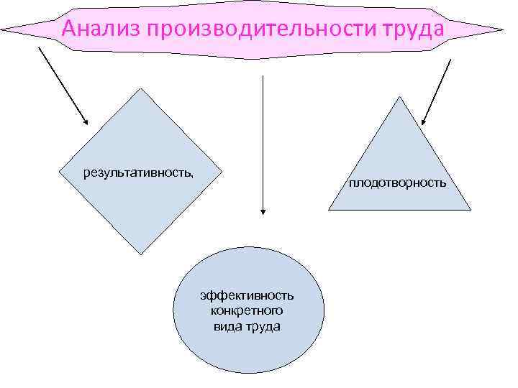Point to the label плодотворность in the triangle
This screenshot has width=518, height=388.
point(398,183)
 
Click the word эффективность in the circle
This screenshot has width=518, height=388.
point(247,295)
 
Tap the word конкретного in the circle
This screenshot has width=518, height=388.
point(247,310)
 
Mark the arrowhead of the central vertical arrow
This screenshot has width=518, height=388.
point(263,213)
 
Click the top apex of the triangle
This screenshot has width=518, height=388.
point(399,97)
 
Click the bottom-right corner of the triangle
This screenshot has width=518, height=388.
point(471,210)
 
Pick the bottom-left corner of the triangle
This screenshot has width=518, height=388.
point(329,210)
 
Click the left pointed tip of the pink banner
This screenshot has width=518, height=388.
point(3,30)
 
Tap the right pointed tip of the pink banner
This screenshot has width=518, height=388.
point(503,29)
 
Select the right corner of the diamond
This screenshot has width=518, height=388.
point(221,171)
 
